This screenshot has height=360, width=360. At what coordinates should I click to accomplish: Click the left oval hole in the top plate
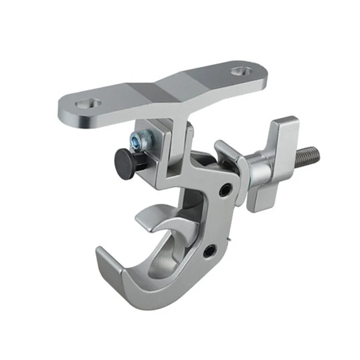click(x=88, y=103)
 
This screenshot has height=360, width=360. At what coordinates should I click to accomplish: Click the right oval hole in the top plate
click(x=240, y=72)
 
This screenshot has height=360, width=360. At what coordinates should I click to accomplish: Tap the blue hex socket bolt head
click(x=144, y=140)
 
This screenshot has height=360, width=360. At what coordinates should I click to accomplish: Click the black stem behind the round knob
click(x=140, y=160)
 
